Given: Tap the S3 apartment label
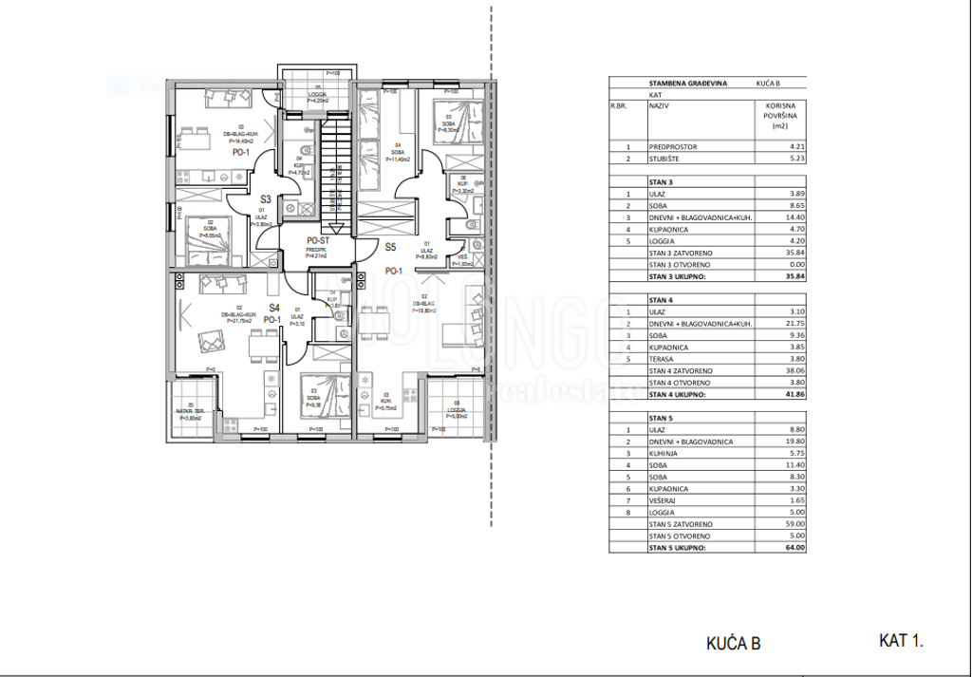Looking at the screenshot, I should [267, 200].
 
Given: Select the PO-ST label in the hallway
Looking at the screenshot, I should [317, 241].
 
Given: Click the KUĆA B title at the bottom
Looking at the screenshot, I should [733, 644].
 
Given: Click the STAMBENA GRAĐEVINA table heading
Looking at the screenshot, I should [688, 84].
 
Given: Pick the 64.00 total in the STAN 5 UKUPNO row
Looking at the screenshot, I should [794, 548].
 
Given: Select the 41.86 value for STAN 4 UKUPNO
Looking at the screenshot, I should [794, 393].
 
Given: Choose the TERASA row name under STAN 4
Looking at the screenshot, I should [664, 359].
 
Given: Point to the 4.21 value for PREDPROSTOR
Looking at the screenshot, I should [794, 147].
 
